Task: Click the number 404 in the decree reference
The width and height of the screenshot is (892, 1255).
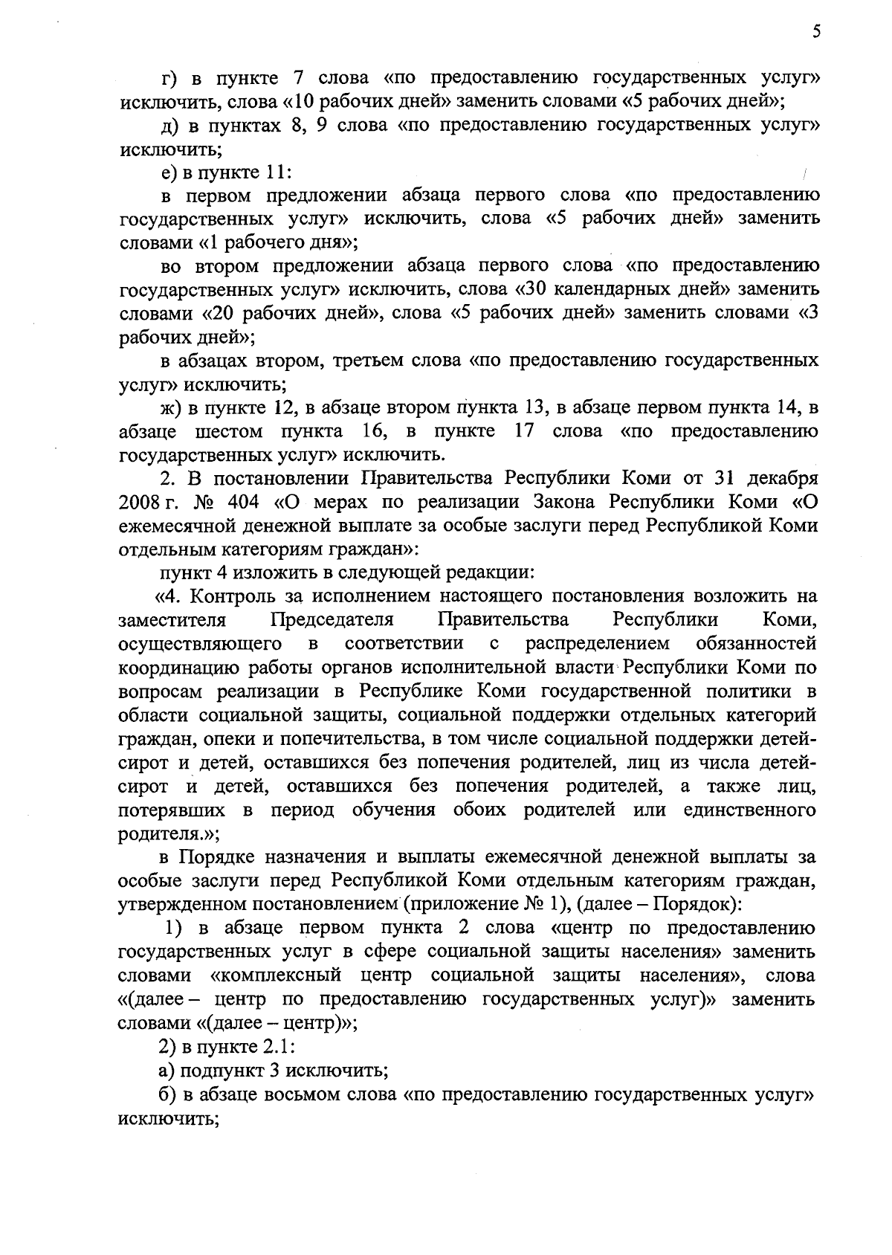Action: (242, 502)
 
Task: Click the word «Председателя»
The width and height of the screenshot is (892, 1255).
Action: (332, 620)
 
